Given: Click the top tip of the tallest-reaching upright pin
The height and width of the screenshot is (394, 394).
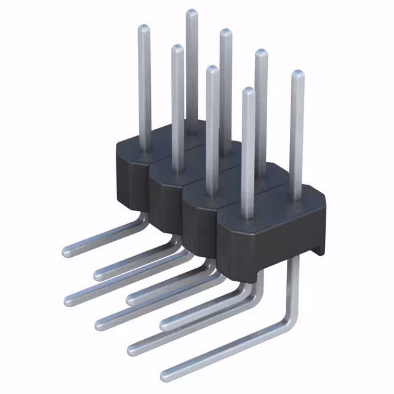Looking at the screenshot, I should (191, 13).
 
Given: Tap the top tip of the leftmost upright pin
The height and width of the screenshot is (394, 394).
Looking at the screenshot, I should (143, 28).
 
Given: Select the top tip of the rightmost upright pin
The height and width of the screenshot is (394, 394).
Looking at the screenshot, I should (297, 74).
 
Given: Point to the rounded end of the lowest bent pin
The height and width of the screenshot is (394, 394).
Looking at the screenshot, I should (165, 374).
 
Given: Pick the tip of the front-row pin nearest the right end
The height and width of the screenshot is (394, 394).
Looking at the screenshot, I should (248, 91).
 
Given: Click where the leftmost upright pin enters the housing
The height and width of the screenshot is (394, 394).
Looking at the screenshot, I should (145, 150).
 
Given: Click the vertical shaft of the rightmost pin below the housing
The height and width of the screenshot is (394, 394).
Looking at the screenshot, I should (294, 283).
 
